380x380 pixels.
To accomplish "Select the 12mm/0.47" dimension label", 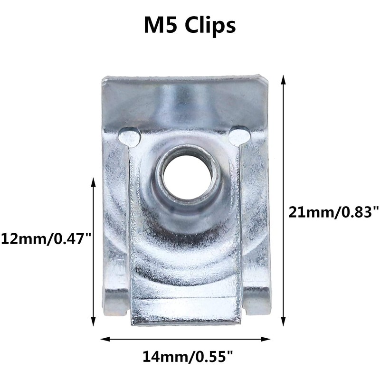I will pos(46,238).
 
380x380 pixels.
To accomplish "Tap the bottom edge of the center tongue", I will pos(185,322).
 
